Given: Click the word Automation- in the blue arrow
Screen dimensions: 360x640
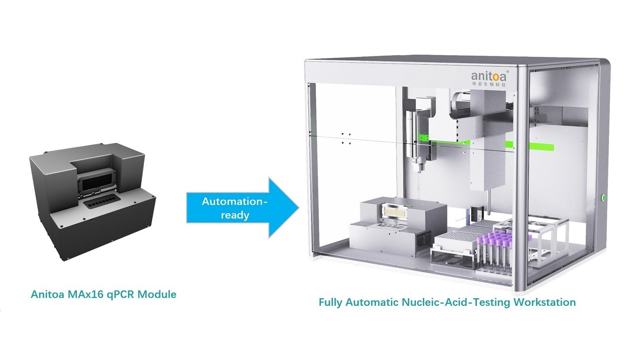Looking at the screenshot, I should [235, 201].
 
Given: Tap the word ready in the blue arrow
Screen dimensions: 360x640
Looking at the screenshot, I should [234, 215].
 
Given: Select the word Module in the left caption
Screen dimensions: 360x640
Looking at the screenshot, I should [158, 294].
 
